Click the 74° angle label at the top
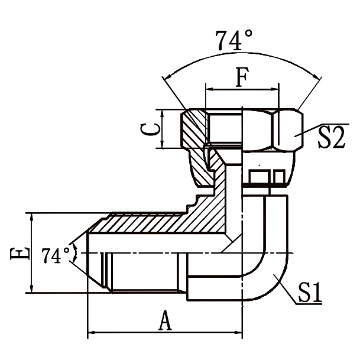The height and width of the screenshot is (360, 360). point(234,40)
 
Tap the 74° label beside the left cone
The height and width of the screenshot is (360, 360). point(56,256)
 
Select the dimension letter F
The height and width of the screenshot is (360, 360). point(241,77)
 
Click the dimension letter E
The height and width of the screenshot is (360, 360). point(20,253)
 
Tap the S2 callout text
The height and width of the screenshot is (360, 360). point(331,138)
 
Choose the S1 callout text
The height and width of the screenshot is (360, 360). point(309,293)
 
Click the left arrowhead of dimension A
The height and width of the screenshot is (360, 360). point(92,333)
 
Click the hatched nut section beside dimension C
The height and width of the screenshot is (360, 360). point(193,130)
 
